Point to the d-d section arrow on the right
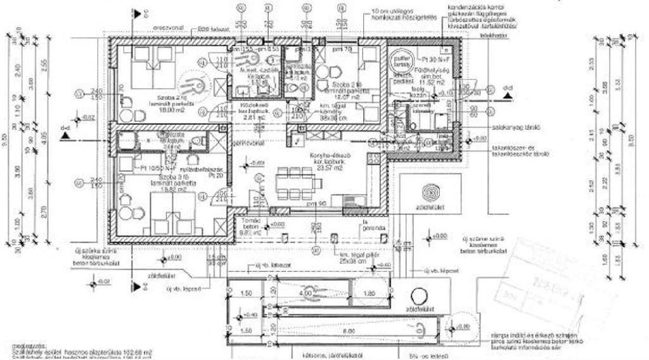point(507,96)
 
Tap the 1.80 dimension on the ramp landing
point(371,293)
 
